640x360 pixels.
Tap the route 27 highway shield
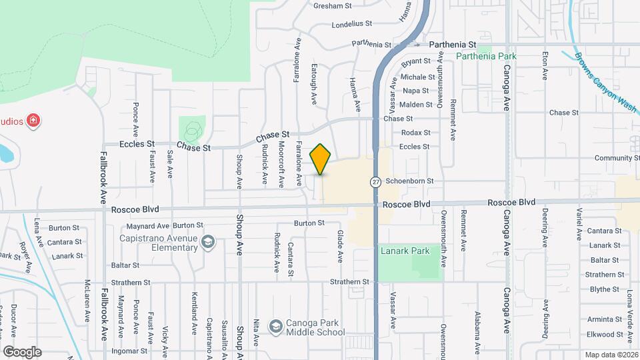[376, 181]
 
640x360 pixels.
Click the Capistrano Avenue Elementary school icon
[208, 242]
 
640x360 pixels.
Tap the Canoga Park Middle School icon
[275, 327]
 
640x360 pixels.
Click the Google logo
[22, 352]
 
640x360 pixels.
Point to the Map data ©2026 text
[611, 354]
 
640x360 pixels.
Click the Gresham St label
[333, 6]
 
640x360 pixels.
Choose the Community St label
[617, 158]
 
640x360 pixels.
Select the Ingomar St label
[129, 351]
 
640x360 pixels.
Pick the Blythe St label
[605, 289]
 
